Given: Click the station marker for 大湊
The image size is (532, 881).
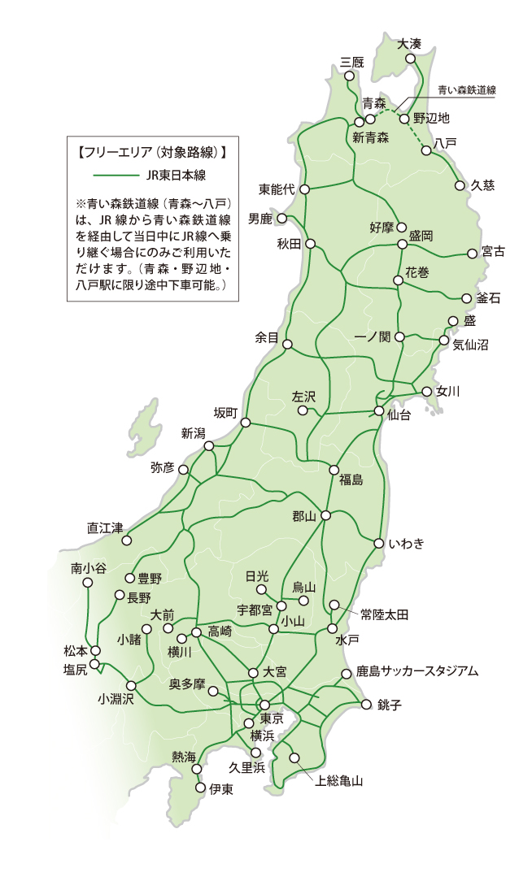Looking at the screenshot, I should click(x=411, y=59).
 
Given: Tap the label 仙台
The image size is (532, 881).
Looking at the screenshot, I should click(x=399, y=415).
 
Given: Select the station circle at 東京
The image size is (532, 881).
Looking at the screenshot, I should click(x=264, y=705).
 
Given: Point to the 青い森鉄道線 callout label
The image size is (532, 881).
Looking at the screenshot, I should click(x=467, y=90).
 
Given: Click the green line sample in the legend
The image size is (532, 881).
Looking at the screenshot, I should click(x=115, y=175).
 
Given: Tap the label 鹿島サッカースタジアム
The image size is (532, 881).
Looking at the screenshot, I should click(x=417, y=672).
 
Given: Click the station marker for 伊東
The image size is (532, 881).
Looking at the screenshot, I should click(x=202, y=788).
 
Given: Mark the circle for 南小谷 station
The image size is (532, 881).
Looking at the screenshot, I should click(x=88, y=583).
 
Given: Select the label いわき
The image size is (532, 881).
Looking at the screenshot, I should click(x=407, y=544).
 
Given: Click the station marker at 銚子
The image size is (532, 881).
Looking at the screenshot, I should click(x=365, y=704).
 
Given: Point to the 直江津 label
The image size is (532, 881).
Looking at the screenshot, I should click(x=104, y=527).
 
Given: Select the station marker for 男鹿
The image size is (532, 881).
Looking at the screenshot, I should click(x=283, y=219).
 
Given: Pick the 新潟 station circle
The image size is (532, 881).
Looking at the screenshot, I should click(x=209, y=446).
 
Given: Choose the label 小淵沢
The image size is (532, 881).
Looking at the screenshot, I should click(x=115, y=698).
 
